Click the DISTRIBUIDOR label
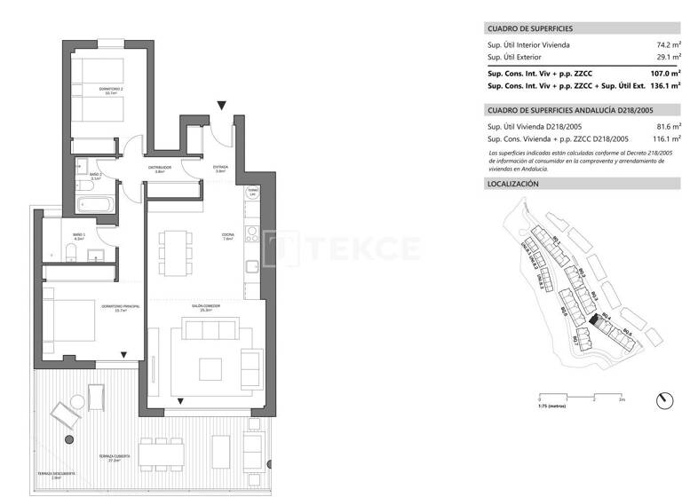pyautogui.click(x=160, y=169)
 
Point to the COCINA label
pyautogui.click(x=228, y=236)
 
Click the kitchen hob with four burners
pyautogui.click(x=252, y=234)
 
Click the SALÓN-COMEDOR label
pyautogui.click(x=206, y=307)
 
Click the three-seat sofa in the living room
pyautogui.click(x=212, y=330)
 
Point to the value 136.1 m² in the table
pyautogui.click(x=664, y=87)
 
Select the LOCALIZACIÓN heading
pyautogui.click(x=514, y=184)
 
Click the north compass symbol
pyautogui.click(x=662, y=401)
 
